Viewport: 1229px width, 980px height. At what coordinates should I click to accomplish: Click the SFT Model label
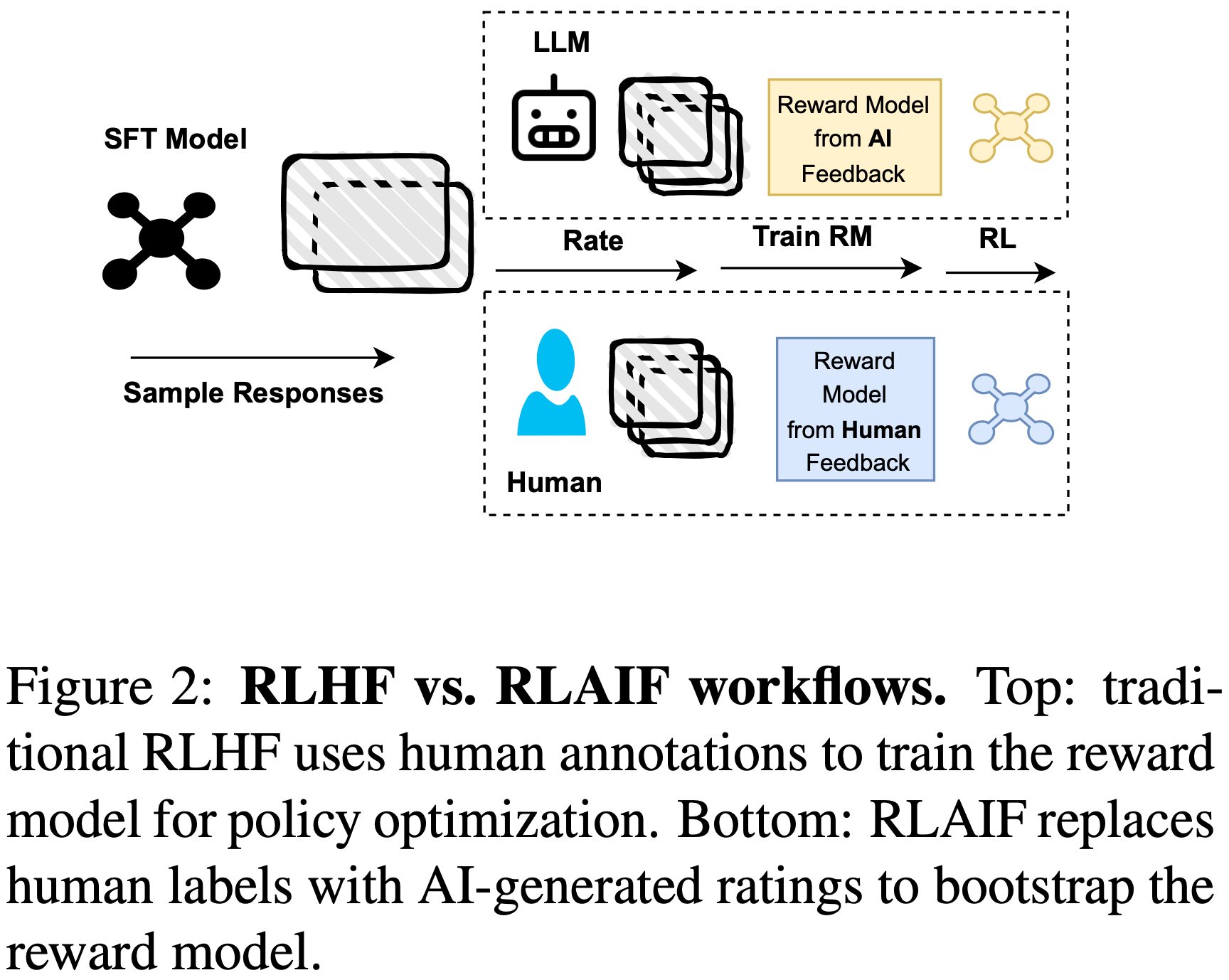[x=175, y=139]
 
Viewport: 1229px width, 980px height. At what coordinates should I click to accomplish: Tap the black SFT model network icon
[x=161, y=240]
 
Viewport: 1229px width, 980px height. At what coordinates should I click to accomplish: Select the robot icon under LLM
[x=553, y=121]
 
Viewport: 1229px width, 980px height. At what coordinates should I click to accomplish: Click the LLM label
[x=561, y=43]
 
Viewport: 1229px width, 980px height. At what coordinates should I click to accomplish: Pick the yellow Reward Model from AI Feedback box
[x=854, y=138]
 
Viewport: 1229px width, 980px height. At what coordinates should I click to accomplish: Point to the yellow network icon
[x=1011, y=127]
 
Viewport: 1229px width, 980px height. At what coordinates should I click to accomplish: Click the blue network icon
[x=1011, y=409]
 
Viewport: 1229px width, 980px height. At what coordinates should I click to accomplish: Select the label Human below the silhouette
[x=554, y=483]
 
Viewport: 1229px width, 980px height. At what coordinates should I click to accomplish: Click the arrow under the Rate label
[x=595, y=270]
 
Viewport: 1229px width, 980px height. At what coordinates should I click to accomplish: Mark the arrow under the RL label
[x=999, y=272]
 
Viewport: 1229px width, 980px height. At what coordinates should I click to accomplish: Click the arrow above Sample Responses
[x=262, y=358]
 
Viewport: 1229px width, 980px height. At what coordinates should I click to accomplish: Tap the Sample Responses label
[x=253, y=393]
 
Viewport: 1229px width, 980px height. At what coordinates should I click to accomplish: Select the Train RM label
[x=812, y=237]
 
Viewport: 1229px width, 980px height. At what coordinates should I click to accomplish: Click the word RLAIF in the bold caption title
[x=582, y=688]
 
